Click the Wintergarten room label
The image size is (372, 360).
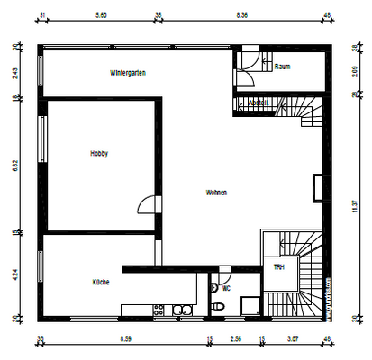point(129,72)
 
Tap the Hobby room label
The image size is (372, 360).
point(99,154)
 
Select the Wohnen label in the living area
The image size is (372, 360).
point(216,193)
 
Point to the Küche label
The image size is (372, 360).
point(101,283)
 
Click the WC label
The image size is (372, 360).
point(226,289)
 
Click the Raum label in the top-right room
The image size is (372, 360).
point(282,67)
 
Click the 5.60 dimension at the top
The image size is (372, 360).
point(101,15)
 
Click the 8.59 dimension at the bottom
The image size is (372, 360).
point(125,340)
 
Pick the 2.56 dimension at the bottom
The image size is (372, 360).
point(236,340)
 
